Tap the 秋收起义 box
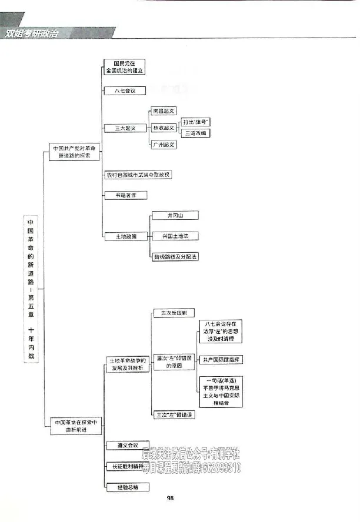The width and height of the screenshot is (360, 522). pyautogui.click(x=164, y=128)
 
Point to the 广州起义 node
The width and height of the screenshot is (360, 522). pyautogui.click(x=164, y=145)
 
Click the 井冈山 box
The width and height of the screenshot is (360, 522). pyautogui.click(x=175, y=216)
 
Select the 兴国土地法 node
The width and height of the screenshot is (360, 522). pyautogui.click(x=175, y=236)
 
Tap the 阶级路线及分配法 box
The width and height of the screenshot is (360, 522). pyautogui.click(x=175, y=256)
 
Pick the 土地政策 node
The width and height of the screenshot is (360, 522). pyautogui.click(x=126, y=236)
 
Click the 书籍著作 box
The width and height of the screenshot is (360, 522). pyautogui.click(x=126, y=195)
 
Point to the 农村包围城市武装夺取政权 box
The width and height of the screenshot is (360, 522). pyautogui.click(x=138, y=175)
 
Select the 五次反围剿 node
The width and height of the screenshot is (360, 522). pyautogui.click(x=173, y=313)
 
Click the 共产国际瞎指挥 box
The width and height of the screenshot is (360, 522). pyautogui.click(x=221, y=359)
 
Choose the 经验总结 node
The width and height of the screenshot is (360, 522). pyautogui.click(x=127, y=487)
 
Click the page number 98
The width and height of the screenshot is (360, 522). pyautogui.click(x=170, y=498)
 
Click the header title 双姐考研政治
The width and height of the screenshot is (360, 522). pyautogui.click(x=33, y=33)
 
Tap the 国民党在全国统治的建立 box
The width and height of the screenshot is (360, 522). pyautogui.click(x=125, y=66)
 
